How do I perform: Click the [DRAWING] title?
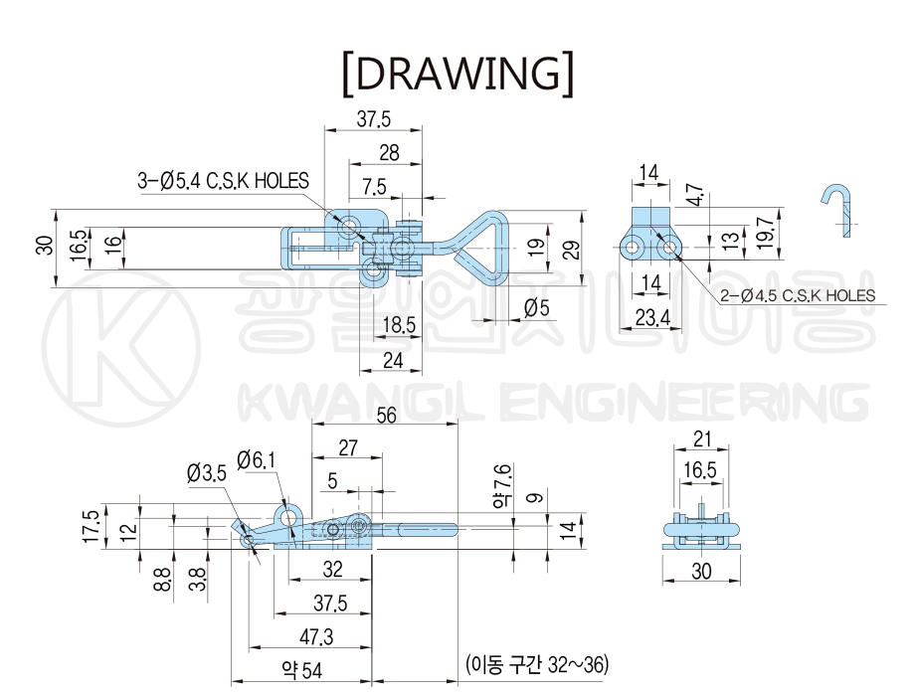point(458,74)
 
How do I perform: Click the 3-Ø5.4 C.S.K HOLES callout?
point(223,180)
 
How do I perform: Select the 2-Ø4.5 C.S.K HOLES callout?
point(798,295)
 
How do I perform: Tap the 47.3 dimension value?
point(316,636)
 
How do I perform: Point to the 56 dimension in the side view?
point(386,416)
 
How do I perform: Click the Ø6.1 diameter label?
point(256,460)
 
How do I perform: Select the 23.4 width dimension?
point(652,317)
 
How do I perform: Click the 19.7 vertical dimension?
point(766,232)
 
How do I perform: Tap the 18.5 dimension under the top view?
point(399,325)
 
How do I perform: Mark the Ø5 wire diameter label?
point(536,307)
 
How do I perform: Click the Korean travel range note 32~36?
point(537,664)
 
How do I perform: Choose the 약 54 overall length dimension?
point(301,670)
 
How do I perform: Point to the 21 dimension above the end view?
point(701,439)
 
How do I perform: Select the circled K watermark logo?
point(121,349)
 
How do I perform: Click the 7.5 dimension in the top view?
point(374,186)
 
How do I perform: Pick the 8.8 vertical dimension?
point(163,580)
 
